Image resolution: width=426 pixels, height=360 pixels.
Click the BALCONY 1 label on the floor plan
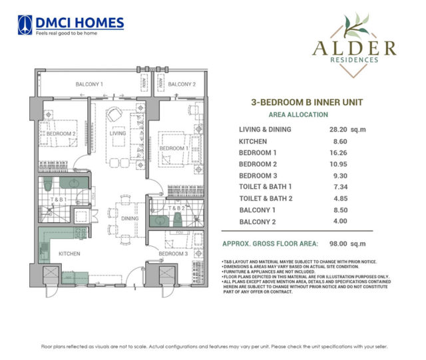pos(89,85)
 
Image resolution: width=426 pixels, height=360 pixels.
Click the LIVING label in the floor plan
pos(118,133)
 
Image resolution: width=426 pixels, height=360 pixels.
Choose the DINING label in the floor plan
pos(130,218)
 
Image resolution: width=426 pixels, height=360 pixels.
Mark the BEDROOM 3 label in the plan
pos(172,254)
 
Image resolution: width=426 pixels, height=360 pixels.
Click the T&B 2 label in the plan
pos(174,208)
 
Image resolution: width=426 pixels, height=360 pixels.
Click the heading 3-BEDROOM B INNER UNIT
pos(298,103)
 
